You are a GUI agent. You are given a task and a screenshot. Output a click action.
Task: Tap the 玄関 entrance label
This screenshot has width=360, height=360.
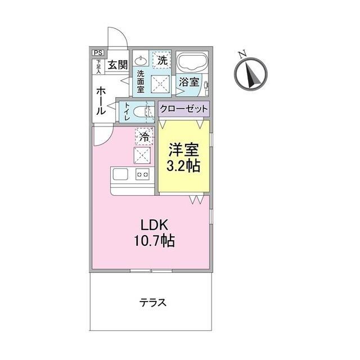point(118,65)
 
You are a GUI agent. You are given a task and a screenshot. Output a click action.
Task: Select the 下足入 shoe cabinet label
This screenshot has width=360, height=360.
point(98,66)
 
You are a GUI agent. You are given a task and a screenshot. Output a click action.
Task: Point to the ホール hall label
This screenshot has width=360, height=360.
point(101,101)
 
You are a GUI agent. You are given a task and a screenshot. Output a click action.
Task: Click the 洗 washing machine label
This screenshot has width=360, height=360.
point(162,60)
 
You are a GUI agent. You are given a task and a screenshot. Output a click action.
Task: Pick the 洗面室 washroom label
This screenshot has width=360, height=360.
point(141,81)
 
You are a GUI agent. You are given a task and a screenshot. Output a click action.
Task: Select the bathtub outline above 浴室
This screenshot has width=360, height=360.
point(191,62)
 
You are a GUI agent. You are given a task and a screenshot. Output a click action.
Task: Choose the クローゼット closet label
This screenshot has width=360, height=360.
point(183,109)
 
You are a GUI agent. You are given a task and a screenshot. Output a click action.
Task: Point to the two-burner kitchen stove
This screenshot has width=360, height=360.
point(142,175)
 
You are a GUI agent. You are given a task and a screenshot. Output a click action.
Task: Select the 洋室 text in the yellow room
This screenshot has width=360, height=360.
point(183,151)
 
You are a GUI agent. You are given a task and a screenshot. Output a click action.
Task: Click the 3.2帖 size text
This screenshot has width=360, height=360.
point(183,167)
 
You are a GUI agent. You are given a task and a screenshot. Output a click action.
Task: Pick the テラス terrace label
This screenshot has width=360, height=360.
point(153,303)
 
